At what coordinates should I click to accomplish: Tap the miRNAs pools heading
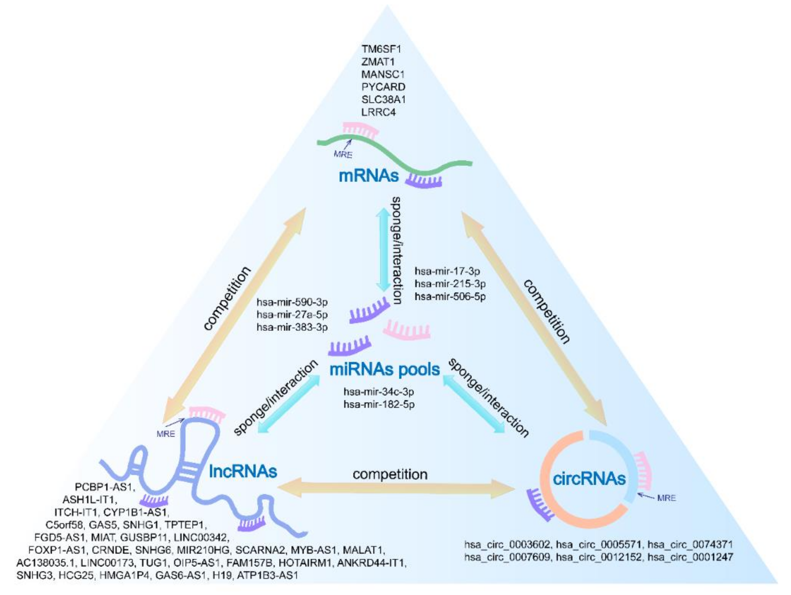[x=385, y=369]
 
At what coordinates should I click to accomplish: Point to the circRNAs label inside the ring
[x=589, y=478]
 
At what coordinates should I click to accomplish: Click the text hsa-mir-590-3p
[x=292, y=303]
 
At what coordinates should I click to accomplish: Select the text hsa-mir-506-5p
[x=450, y=296]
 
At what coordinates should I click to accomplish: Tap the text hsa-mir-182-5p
[x=379, y=405]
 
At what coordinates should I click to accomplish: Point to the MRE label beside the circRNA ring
[x=667, y=498]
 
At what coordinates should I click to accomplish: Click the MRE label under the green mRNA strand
[x=343, y=155]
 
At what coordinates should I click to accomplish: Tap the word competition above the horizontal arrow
[x=390, y=474]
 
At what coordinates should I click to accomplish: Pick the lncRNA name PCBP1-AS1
[x=105, y=487]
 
